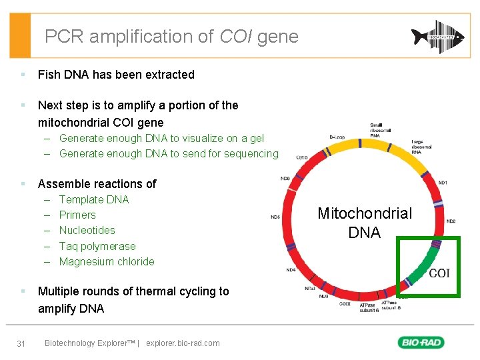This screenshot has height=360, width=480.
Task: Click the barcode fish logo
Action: [437, 37]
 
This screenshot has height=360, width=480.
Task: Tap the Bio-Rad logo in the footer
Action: [421, 343]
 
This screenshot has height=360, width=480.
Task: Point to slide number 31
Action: [21, 343]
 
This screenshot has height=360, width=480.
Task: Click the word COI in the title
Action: [236, 37]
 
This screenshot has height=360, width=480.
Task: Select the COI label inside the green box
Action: [439, 273]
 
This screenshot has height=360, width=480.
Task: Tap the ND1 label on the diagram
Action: [442, 182]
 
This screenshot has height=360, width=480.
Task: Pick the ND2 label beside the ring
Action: [451, 221]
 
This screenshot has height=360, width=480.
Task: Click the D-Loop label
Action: [337, 137]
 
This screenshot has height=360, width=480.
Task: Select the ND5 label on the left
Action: [275, 217]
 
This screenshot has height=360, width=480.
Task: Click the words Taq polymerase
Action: [97, 246]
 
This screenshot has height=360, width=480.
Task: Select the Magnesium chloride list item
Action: [107, 261]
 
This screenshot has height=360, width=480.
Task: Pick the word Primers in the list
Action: [77, 215]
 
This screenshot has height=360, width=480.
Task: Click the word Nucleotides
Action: [87, 230]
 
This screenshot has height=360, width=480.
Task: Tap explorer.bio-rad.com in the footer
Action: [183, 343]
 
